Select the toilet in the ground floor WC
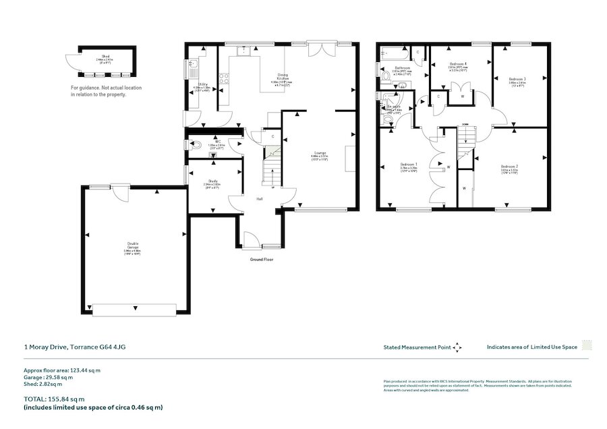[x=196, y=145]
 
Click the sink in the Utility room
[x=193, y=67]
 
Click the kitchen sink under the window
[x=248, y=51]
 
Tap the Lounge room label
[x=319, y=153]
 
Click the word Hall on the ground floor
[x=259, y=199]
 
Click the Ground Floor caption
[x=261, y=259]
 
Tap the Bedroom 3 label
[x=517, y=78]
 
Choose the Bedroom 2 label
[x=509, y=166]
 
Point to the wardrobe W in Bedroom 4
[x=462, y=96]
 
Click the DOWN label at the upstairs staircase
[x=465, y=125]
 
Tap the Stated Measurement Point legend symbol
[x=457, y=347]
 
